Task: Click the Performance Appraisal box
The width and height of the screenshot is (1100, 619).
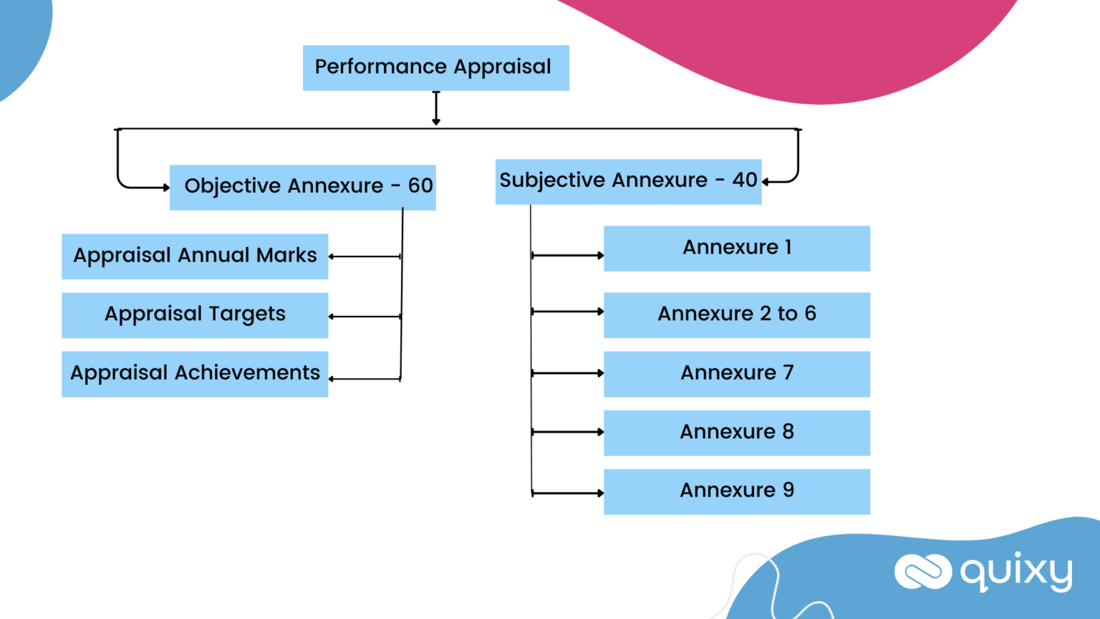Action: (435, 68)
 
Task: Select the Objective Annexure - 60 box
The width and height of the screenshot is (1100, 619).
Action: (302, 188)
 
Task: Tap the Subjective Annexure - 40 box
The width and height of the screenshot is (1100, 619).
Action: (628, 182)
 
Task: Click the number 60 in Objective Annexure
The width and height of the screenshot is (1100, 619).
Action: (420, 186)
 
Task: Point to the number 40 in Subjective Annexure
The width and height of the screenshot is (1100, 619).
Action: (745, 180)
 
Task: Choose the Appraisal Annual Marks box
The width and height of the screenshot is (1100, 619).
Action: (195, 256)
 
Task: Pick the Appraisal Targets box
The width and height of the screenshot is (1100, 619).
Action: (195, 315)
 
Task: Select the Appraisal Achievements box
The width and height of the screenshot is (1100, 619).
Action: (195, 374)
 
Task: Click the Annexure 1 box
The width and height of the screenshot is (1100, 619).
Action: (736, 249)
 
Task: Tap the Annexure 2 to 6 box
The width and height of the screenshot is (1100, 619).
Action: (736, 315)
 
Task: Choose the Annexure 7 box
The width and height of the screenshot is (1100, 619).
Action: (736, 374)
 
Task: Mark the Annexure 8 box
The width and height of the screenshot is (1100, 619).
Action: (736, 433)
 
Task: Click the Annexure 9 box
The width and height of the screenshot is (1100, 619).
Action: (736, 491)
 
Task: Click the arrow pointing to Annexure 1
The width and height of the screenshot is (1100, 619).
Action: (567, 255)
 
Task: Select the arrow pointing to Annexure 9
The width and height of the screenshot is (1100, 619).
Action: (567, 493)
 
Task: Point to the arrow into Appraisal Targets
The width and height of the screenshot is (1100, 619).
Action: (364, 316)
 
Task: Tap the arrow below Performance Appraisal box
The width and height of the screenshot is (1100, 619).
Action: (436, 108)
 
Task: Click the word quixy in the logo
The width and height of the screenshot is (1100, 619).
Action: (1016, 572)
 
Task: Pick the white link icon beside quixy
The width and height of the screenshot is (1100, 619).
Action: (922, 572)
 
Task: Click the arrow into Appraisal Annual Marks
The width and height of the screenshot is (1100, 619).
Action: (364, 256)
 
